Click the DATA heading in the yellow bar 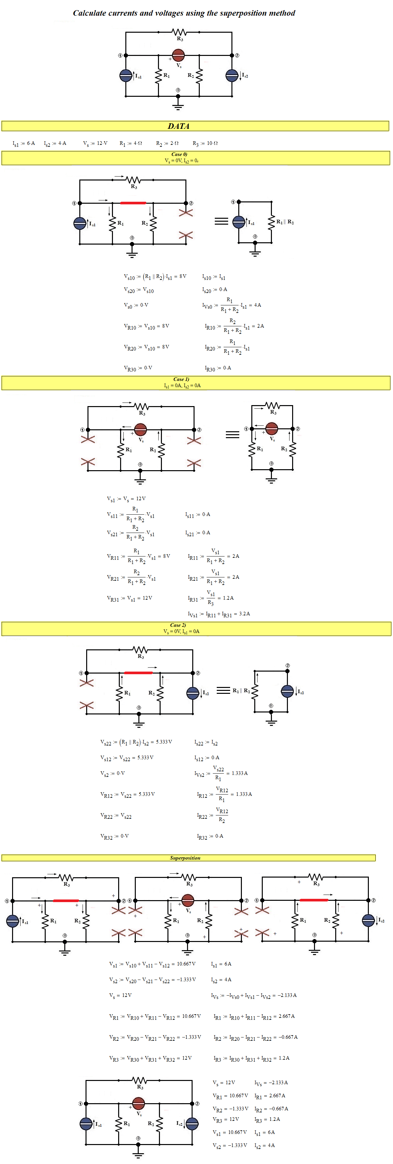pyautogui.click(x=179, y=126)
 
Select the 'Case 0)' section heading pyautogui.click(x=179, y=154)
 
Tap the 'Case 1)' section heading pyautogui.click(x=181, y=379)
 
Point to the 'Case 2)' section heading pyautogui.click(x=178, y=625)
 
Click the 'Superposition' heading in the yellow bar pyautogui.click(x=185, y=858)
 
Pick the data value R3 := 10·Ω pyautogui.click(x=205, y=143)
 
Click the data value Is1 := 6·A pyautogui.click(x=24, y=143)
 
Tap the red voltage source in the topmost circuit pyautogui.click(x=179, y=56)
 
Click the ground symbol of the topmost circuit pyautogui.click(x=178, y=105)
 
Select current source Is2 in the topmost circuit pyautogui.click(x=232, y=76)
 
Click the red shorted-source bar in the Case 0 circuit pyautogui.click(x=133, y=203)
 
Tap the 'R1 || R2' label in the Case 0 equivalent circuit pyautogui.click(x=285, y=222)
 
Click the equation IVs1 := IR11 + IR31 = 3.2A pyautogui.click(x=219, y=614)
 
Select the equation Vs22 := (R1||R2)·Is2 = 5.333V pyautogui.click(x=136, y=742)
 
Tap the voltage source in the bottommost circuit pyautogui.click(x=138, y=1103)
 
